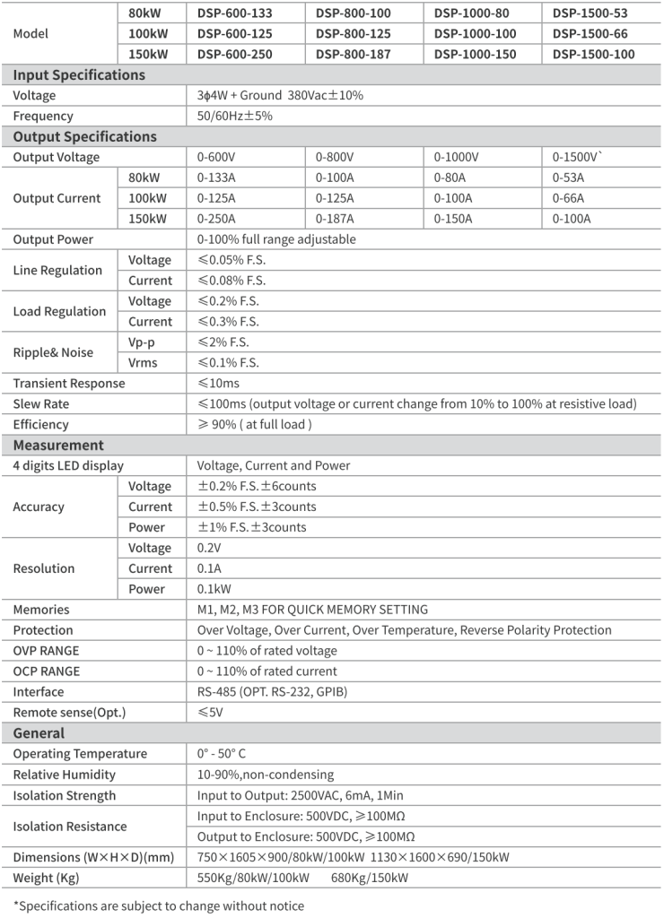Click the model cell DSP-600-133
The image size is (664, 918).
[x=235, y=13]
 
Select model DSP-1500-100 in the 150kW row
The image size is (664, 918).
[x=593, y=55]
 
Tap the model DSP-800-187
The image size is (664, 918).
[x=354, y=55]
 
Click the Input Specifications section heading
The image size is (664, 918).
[x=79, y=75]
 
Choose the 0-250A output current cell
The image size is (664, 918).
[x=216, y=219]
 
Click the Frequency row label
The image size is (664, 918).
[x=43, y=117]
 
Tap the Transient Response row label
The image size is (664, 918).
[x=69, y=384]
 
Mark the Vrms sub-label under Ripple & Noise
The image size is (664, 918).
[x=144, y=363]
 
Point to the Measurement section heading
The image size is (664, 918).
[x=58, y=446]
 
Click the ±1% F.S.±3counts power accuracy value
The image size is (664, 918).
[x=252, y=527]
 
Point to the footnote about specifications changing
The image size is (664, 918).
[x=159, y=906]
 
